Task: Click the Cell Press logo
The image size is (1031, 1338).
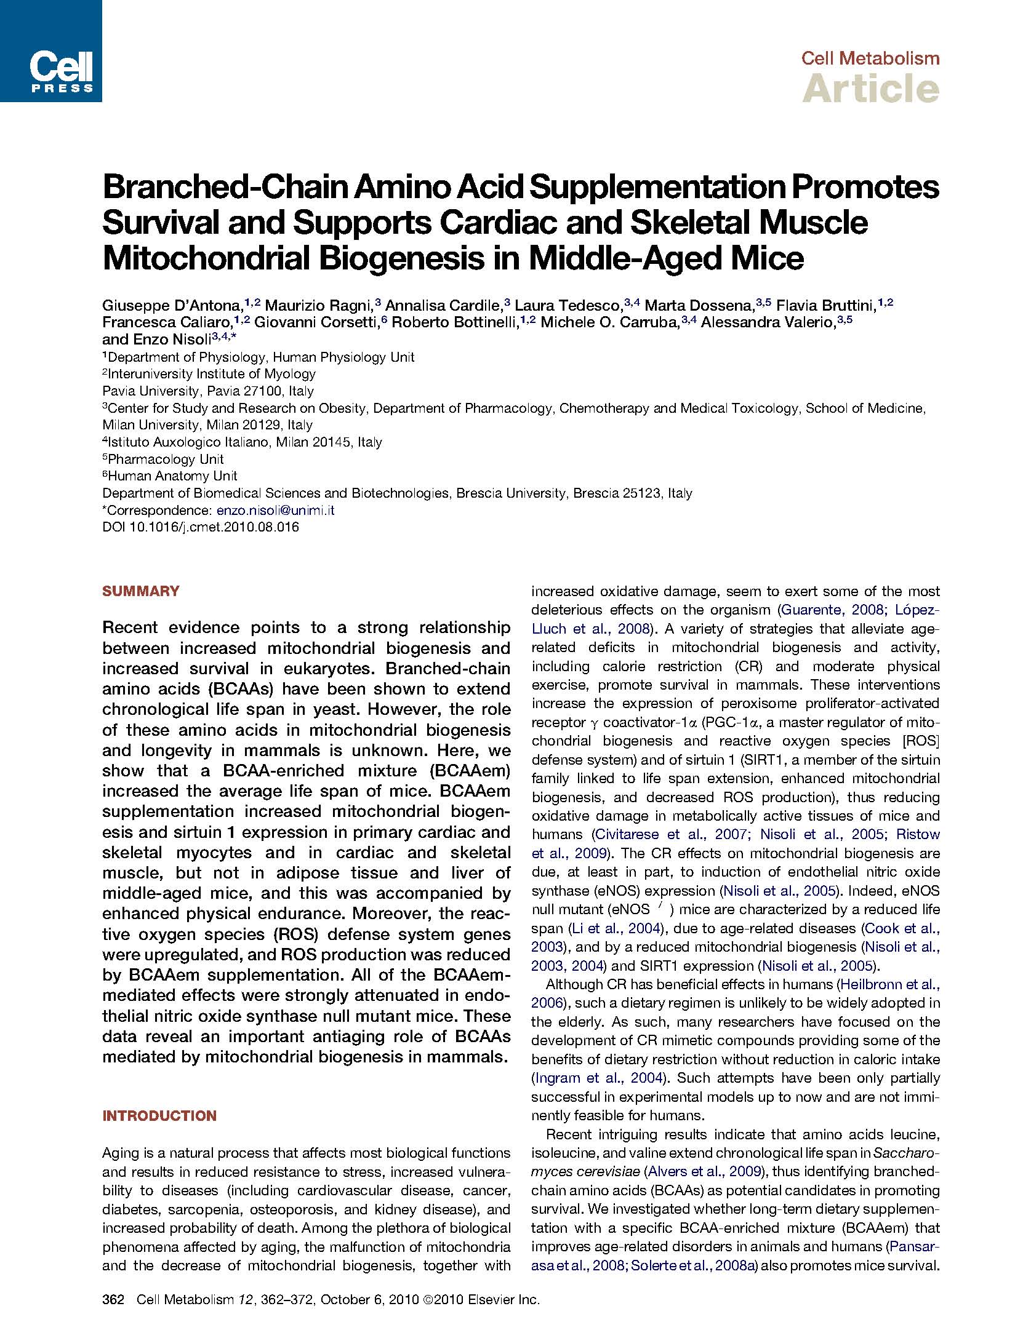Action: pyautogui.click(x=50, y=50)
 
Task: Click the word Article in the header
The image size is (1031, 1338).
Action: pyautogui.click(x=870, y=89)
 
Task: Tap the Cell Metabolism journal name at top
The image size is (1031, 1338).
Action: pyautogui.click(x=870, y=58)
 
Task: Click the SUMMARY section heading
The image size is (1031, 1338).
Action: pyautogui.click(x=141, y=591)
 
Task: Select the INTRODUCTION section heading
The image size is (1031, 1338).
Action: pyautogui.click(x=159, y=1116)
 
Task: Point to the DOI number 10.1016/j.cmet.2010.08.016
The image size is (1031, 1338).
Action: pyautogui.click(x=214, y=527)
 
